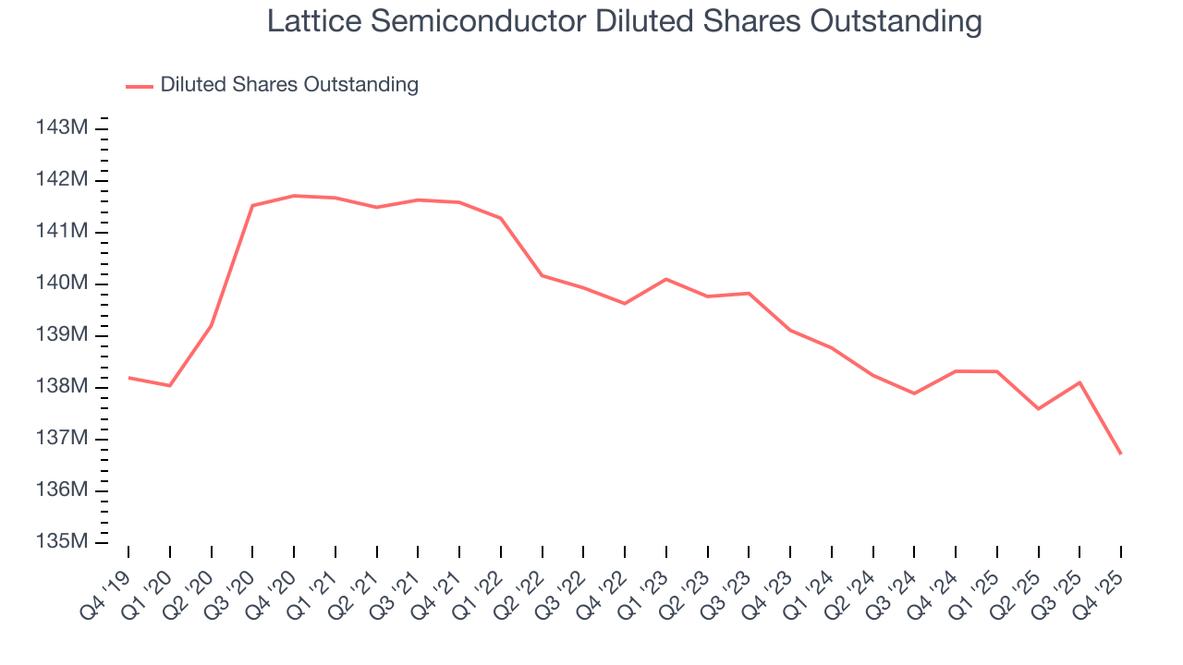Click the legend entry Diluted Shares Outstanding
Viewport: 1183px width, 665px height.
coord(289,85)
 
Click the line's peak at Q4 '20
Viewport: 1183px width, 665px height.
coord(294,196)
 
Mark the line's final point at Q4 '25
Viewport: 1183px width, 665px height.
coord(1121,453)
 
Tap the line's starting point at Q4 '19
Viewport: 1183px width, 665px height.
coord(128,377)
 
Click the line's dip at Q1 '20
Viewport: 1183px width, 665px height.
coord(170,385)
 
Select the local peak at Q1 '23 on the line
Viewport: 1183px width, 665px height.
coord(666,279)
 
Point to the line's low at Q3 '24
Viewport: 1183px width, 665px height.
coord(914,393)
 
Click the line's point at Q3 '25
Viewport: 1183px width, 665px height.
coord(1079,382)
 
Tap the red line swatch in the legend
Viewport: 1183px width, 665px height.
coord(140,86)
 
